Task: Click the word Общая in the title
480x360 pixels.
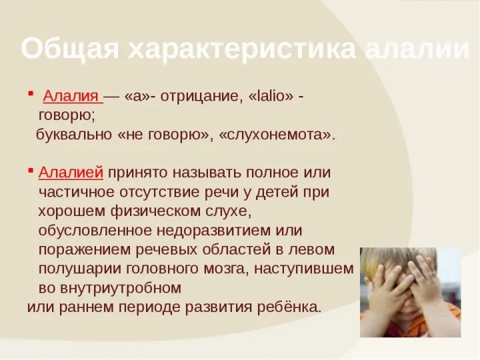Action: pos(69,49)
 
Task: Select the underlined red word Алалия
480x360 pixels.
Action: pos(72,96)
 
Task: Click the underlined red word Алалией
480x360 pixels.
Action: pos(71,173)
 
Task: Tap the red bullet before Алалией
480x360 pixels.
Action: pos(31,171)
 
